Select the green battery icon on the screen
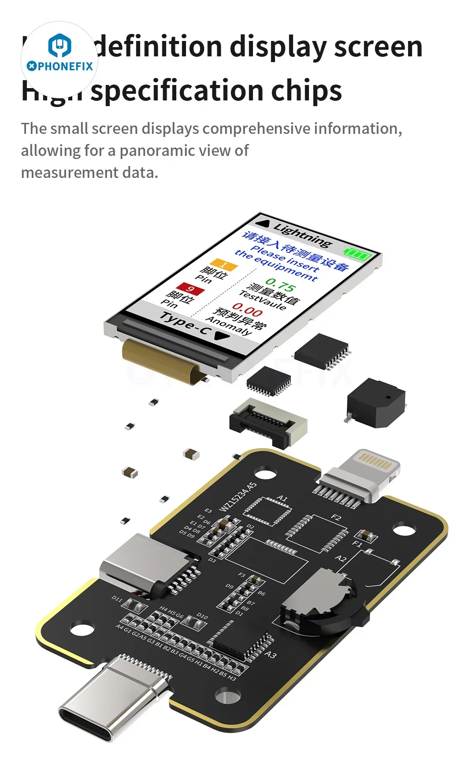pyautogui.click(x=357, y=254)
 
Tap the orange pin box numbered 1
pyautogui.click(x=224, y=265)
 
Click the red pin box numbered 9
pyautogui.click(x=190, y=289)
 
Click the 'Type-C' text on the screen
pyautogui.click(x=184, y=323)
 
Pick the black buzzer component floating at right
pyautogui.click(x=376, y=403)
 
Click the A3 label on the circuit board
pyautogui.click(x=270, y=654)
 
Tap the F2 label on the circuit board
pyautogui.click(x=336, y=517)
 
